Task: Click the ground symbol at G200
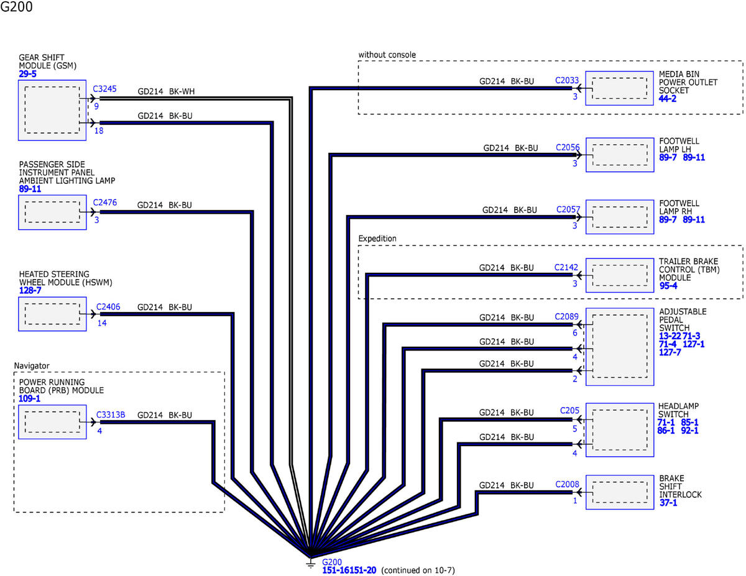(x=310, y=564)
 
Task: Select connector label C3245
(x=104, y=89)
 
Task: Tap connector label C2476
(x=104, y=203)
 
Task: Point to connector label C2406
(x=108, y=307)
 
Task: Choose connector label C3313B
(x=111, y=414)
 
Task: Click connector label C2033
(x=567, y=80)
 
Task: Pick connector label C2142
(x=566, y=267)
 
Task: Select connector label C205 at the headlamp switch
(x=569, y=410)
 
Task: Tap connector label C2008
(x=567, y=484)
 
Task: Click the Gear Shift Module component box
(x=52, y=110)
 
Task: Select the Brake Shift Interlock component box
(x=620, y=492)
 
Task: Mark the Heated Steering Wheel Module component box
(x=52, y=314)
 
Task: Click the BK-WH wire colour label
(x=182, y=91)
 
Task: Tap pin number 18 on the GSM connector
(x=99, y=130)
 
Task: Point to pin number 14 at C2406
(x=102, y=323)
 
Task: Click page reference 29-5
(x=27, y=74)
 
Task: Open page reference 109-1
(x=29, y=398)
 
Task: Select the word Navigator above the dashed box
(x=32, y=366)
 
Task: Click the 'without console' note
(x=387, y=55)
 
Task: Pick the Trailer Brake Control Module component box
(x=620, y=275)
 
